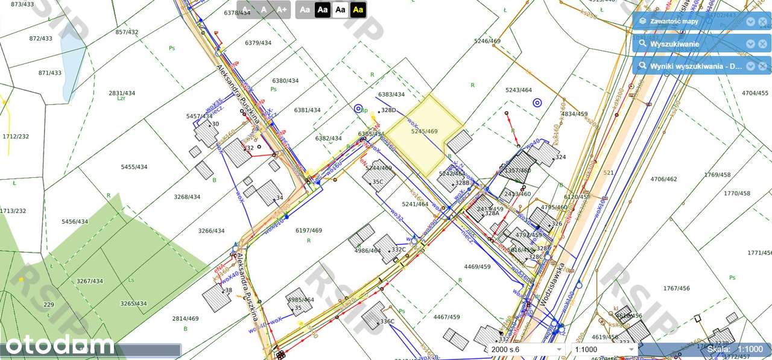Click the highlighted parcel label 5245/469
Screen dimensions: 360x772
(424, 131)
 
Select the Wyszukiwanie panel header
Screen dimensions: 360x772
(674, 44)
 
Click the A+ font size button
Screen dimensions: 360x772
(282, 10)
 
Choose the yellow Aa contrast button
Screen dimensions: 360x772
(358, 10)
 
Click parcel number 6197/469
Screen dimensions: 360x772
(309, 231)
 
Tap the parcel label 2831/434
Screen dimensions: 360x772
(122, 93)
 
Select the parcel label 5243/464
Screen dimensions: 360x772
(519, 90)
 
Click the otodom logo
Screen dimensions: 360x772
(59, 346)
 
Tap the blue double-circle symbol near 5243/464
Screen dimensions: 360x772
(537, 103)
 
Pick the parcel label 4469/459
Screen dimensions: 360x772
(477, 266)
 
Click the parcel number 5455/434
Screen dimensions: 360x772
(134, 167)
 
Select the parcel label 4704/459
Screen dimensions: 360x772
(755, 93)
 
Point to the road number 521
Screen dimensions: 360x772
(608, 173)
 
